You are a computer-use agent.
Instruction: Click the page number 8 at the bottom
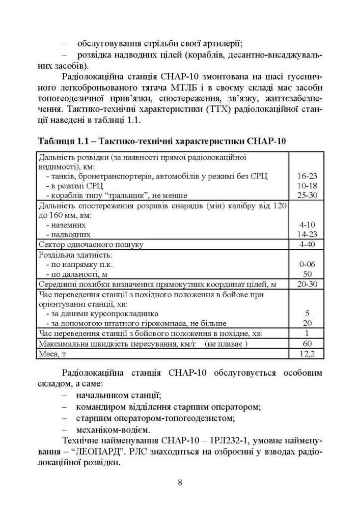(180, 483)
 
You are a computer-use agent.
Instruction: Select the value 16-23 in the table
(307, 176)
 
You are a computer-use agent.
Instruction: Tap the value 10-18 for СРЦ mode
(307, 185)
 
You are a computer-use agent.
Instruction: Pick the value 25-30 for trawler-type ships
(307, 195)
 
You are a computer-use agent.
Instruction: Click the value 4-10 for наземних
(307, 224)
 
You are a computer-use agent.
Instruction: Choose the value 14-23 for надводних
(307, 234)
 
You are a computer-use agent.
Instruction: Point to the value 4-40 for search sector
(307, 244)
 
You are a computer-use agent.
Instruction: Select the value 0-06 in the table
(307, 264)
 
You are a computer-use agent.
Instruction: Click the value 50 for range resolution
(307, 274)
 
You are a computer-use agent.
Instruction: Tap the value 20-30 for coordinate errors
(307, 284)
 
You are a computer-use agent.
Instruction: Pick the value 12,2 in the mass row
(307, 353)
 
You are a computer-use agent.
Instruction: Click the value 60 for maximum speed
(307, 343)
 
